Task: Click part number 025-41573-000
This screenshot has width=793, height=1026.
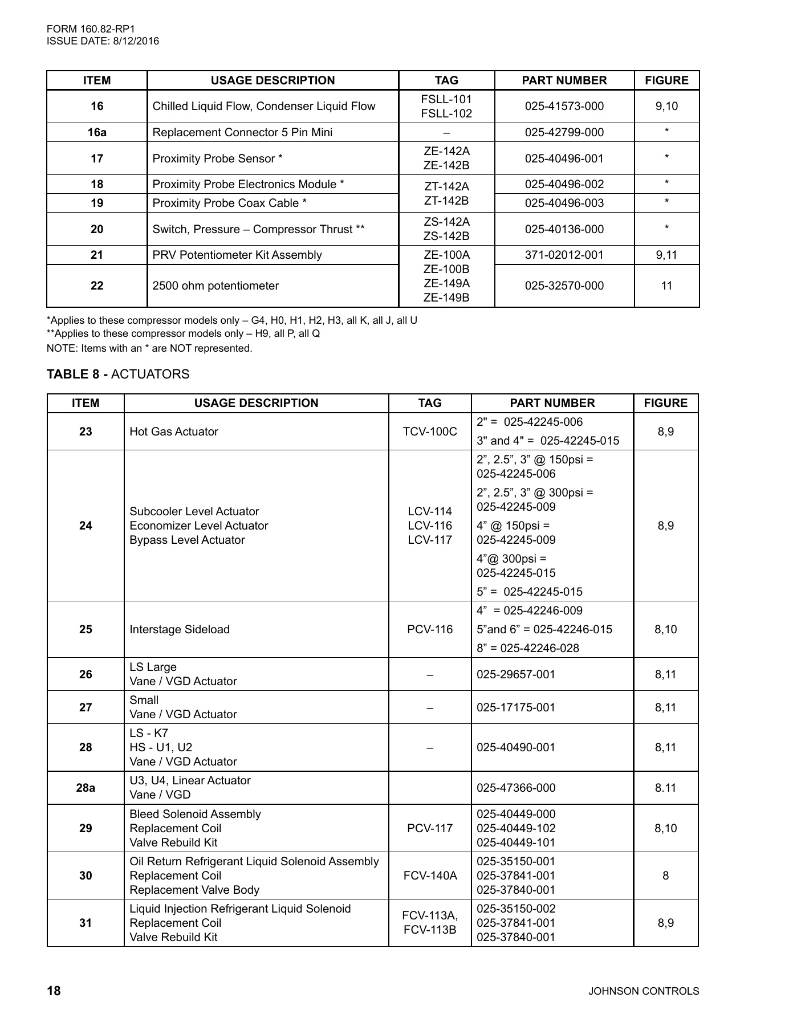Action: click(564, 106)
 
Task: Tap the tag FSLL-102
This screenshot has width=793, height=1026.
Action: click(446, 113)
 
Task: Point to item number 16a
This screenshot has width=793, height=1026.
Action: click(97, 132)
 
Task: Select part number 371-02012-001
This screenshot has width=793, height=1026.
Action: click(564, 255)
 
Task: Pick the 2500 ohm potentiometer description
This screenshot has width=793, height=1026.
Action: click(215, 286)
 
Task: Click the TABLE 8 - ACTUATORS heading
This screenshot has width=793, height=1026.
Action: click(118, 374)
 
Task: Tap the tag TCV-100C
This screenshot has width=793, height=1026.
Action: click(430, 431)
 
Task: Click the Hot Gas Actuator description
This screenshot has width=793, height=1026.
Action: click(174, 431)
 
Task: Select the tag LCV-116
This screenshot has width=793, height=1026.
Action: click(430, 526)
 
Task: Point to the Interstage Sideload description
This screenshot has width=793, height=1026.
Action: click(180, 629)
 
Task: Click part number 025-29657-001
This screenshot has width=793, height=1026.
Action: click(516, 674)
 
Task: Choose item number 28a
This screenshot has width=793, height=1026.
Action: click(86, 788)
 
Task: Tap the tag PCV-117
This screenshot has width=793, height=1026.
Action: click(430, 828)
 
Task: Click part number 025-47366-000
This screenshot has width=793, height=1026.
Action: click(516, 788)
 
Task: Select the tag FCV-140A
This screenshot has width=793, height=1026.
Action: click(430, 876)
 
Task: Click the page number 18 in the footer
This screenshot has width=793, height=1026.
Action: click(54, 991)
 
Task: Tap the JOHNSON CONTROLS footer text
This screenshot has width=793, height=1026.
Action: click(643, 991)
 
